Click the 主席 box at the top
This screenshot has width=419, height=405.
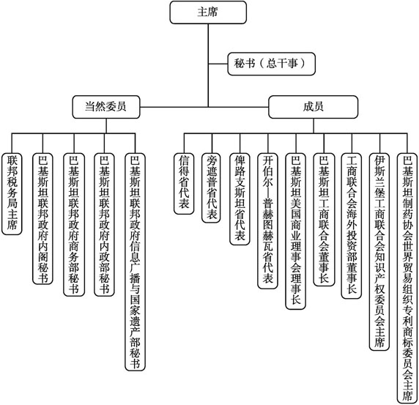click(x=208, y=12)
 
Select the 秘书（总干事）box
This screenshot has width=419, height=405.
click(x=272, y=64)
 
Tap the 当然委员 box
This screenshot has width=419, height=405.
click(x=106, y=107)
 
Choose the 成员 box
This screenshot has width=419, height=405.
click(x=314, y=107)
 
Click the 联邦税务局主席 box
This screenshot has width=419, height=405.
click(x=12, y=194)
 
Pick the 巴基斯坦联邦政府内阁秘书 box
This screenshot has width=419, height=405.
click(x=42, y=218)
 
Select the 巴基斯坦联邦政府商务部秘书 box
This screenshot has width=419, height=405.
click(x=74, y=224)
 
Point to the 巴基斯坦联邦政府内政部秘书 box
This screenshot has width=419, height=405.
click(x=104, y=224)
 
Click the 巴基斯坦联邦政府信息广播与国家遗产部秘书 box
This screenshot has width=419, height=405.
click(x=136, y=261)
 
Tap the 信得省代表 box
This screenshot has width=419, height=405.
click(x=184, y=184)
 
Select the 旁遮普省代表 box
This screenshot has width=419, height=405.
click(x=212, y=187)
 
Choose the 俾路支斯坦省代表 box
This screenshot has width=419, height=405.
click(x=240, y=198)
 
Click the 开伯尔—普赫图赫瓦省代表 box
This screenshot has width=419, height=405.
click(x=268, y=220)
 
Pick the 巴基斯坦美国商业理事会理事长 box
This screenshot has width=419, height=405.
click(x=296, y=231)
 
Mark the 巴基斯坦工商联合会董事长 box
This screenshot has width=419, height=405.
click(x=324, y=219)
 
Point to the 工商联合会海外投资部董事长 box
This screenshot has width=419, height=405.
click(x=352, y=226)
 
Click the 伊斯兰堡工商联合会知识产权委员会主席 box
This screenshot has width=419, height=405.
click(x=379, y=251)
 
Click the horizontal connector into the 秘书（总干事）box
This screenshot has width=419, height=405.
click(x=218, y=64)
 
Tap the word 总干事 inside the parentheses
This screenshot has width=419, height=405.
click(x=281, y=64)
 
